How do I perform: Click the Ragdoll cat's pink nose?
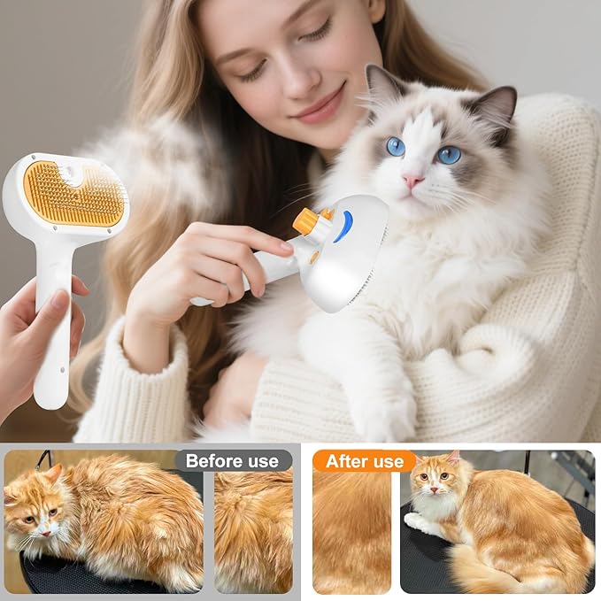pos(413,180)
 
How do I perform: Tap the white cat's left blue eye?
pos(395,146)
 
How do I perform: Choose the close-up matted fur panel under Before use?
pos(253,531)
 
